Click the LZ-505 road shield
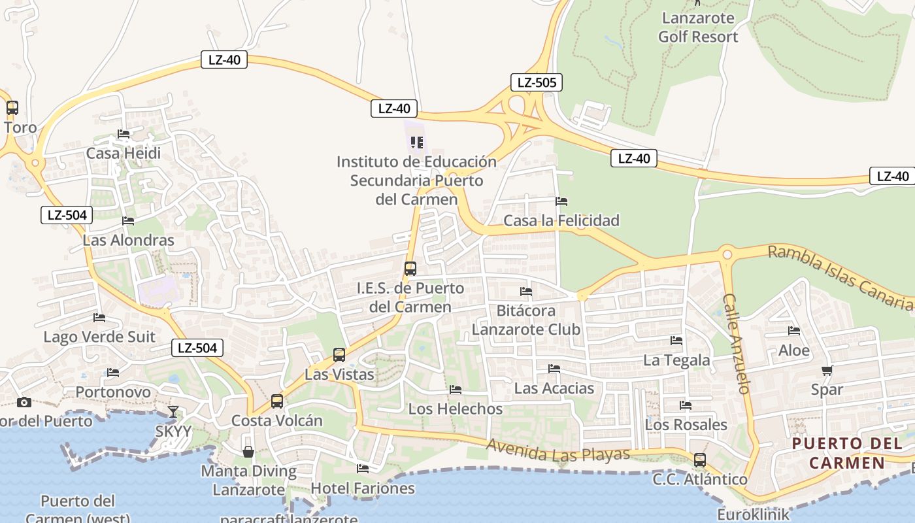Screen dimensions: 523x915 point(536,82)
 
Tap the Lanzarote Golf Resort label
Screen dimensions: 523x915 point(698,27)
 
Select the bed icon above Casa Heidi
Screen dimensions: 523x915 point(124,134)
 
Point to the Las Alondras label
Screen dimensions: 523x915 point(128,240)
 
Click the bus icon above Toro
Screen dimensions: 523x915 point(12,108)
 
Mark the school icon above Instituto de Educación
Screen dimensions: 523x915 point(416,142)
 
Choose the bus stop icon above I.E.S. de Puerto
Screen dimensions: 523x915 point(410,269)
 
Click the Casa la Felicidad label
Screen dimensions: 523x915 point(561,220)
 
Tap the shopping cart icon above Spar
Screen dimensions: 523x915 point(827,371)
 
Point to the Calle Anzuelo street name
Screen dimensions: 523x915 point(736,343)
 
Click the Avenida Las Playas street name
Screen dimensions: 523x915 point(558,451)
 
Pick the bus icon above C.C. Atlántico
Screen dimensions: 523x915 point(700,460)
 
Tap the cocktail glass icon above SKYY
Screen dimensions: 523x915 point(173,412)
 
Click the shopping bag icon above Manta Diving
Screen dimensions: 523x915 point(248,452)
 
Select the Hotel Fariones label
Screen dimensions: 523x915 point(362,488)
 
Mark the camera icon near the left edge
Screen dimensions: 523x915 point(24,402)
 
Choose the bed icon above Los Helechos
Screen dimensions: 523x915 point(456,390)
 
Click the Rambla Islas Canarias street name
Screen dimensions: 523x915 point(840,277)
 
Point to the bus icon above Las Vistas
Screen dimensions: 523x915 point(339,355)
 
